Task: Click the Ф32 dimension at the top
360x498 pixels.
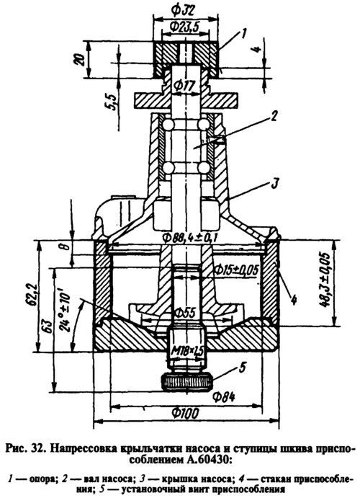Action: tap(182, 10)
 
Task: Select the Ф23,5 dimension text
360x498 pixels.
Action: tap(184, 27)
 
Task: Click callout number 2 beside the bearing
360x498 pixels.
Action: tap(274, 116)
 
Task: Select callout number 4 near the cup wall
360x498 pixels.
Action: tap(294, 300)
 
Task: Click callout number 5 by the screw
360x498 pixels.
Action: tap(242, 368)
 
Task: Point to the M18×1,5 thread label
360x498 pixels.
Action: tap(187, 351)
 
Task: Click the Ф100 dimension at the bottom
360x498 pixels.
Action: tap(186, 413)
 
